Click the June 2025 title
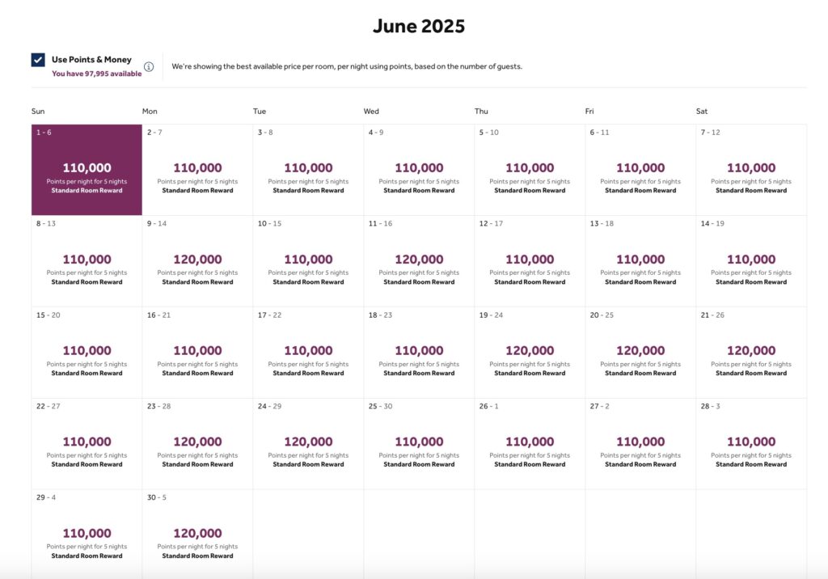419,26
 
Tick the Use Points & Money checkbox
38,60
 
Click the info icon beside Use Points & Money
149,66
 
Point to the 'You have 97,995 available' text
97,74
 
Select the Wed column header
371,112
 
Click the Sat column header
702,112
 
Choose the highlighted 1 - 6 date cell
87,170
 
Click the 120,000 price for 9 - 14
197,260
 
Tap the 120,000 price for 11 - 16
419,260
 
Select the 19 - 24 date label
490,315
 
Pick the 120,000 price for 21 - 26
751,351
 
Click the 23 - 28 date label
158,407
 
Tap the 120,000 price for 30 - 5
197,534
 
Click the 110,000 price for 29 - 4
87,534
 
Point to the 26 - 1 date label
488,407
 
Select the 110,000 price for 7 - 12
751,168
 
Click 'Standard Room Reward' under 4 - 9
419,191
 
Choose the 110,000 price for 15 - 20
87,351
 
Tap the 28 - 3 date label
710,407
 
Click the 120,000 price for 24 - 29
308,442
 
